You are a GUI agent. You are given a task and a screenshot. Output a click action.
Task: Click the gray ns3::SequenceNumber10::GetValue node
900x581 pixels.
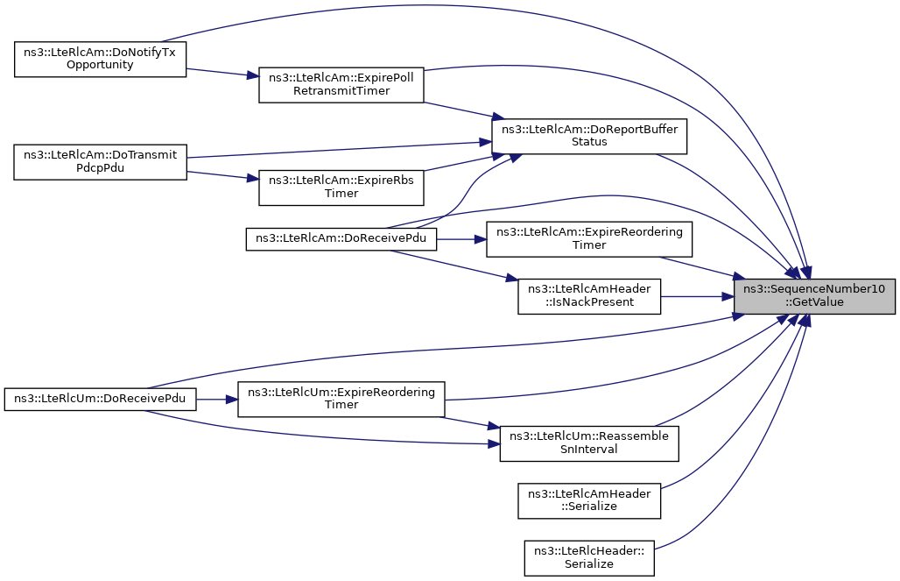click(814, 296)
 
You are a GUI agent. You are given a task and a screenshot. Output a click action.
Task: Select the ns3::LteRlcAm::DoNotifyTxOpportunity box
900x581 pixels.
click(100, 60)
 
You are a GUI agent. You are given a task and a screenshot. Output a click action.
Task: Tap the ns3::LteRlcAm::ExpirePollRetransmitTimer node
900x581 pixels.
click(341, 86)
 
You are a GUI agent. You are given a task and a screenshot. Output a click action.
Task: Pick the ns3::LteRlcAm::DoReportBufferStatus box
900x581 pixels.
click(589, 136)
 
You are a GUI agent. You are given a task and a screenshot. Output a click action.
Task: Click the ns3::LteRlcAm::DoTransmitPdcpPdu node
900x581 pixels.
click(100, 162)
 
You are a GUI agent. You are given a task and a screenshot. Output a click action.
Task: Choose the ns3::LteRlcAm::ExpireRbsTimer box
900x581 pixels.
click(341, 188)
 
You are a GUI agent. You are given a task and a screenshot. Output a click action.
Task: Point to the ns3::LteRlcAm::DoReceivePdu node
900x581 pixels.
click(341, 239)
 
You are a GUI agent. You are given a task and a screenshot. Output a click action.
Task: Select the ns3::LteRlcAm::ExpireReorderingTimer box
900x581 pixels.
click(589, 239)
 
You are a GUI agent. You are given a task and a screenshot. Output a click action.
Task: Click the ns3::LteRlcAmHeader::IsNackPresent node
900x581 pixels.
click(589, 296)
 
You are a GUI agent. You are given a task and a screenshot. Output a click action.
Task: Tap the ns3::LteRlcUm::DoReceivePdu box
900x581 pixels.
click(100, 399)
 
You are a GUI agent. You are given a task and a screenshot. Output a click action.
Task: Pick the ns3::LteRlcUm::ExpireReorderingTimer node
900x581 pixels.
click(341, 399)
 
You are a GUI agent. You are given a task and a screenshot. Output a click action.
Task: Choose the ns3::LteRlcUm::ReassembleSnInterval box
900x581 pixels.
click(589, 443)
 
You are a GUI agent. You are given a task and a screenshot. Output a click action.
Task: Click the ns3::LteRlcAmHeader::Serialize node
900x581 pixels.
click(589, 500)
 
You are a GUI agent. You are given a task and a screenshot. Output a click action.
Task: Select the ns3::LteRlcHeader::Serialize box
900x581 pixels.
click(589, 557)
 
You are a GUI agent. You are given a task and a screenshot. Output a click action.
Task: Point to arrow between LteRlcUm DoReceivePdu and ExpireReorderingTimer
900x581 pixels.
click(217, 399)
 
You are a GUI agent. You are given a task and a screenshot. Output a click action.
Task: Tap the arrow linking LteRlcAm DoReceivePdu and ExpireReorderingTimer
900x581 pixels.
click(461, 239)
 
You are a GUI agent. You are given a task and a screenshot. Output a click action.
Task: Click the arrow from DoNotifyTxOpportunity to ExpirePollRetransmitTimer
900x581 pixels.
click(222, 73)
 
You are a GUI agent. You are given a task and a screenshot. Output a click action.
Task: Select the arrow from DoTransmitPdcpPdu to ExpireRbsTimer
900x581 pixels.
click(222, 174)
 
